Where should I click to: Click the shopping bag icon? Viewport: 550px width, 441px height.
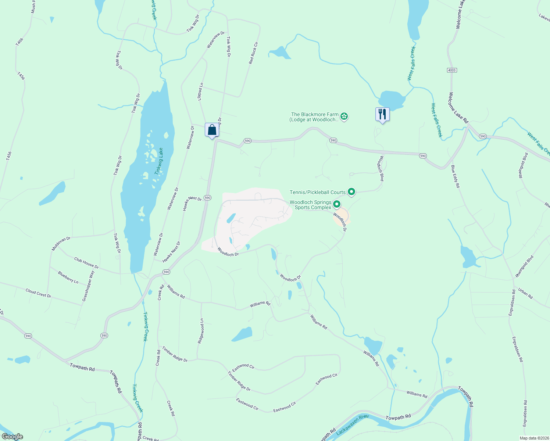pos(212,130)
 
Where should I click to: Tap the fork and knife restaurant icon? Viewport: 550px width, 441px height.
pos(382,114)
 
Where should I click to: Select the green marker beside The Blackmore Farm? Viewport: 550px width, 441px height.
pos(344,117)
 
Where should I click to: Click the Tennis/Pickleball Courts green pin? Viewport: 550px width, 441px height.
pos(351,191)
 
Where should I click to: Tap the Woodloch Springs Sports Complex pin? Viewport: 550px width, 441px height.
pos(336,204)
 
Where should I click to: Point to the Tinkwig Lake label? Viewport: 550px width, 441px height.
pos(159,161)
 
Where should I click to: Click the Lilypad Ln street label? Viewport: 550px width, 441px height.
pos(200,92)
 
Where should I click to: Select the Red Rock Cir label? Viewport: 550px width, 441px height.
pos(253,53)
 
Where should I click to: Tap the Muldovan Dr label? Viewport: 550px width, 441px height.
pos(61,244)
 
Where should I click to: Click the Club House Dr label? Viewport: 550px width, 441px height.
pos(86,263)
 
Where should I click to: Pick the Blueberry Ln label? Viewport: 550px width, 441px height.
pos(68,277)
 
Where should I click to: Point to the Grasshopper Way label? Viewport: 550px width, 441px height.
pos(88,286)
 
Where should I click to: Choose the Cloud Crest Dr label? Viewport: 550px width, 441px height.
pos(38,293)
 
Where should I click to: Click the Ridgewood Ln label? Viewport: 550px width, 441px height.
pos(201,331)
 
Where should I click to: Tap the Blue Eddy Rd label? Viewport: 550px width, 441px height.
pos(455,177)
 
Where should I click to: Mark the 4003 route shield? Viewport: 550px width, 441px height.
pos(452,70)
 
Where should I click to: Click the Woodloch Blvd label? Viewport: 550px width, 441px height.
pos(381,169)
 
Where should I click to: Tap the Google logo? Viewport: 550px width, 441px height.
pos(12,437)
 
